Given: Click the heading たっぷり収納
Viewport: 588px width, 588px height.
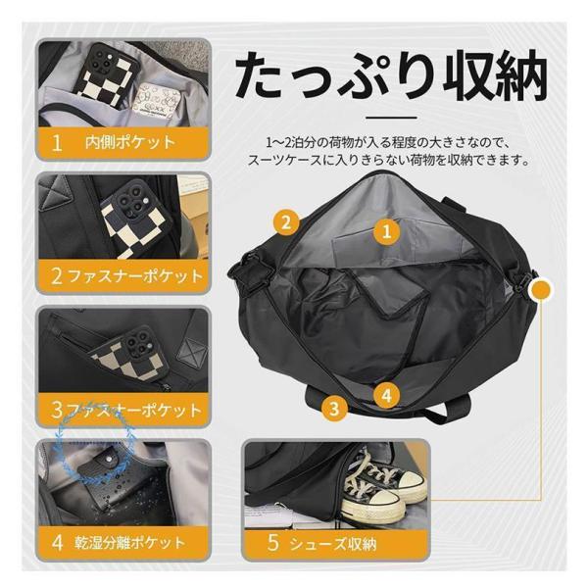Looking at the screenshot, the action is point(390,77).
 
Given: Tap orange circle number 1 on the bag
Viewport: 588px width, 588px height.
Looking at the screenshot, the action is point(386,231).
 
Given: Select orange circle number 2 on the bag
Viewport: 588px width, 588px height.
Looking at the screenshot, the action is point(286,222).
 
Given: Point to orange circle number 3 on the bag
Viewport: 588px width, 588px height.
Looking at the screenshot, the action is point(334,408).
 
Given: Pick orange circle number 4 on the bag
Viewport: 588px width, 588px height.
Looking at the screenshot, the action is point(387,395).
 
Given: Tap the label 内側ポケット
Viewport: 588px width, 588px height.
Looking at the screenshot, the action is point(130,142).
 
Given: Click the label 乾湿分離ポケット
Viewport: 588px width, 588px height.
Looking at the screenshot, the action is point(129,543).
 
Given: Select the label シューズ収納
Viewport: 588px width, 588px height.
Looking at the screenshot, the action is point(333,543).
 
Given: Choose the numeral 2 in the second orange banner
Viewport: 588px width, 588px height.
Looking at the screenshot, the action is point(57,276).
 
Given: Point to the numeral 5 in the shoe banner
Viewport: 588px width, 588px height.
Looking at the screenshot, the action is point(273,543).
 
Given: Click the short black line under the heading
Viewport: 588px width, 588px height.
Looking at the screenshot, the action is point(391,118).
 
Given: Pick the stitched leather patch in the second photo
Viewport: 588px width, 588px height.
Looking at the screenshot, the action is point(55,193).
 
